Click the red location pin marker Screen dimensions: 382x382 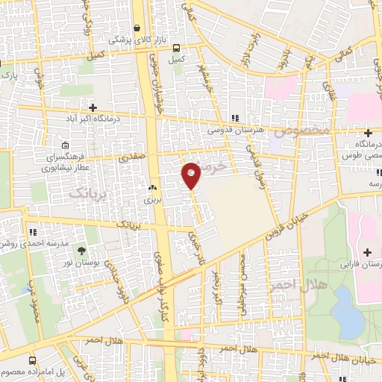(192, 174)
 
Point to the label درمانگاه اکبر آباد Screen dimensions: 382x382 (116, 118)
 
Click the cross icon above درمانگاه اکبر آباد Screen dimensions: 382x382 (93, 107)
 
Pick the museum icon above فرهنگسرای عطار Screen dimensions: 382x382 (66, 145)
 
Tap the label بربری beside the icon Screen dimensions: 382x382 (153, 201)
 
